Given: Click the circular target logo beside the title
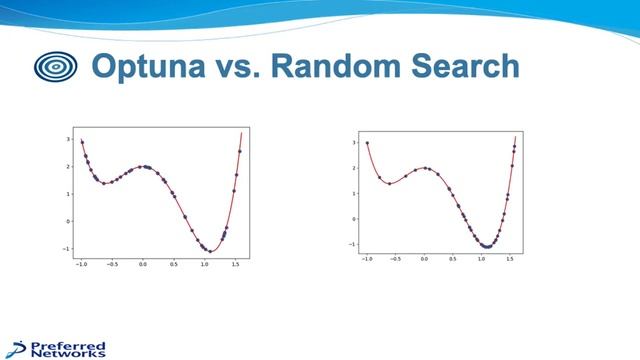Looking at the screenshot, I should point(55,67).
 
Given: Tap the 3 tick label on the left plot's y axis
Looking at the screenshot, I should point(68,140).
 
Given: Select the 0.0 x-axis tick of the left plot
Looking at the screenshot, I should point(143,265).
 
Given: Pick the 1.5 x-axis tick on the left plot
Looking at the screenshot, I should point(236,265).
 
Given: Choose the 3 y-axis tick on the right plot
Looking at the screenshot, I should point(353,142).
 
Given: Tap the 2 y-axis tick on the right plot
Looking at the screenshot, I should point(353,168).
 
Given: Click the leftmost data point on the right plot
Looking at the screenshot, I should point(367,143).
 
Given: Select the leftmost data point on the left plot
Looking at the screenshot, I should point(82,142).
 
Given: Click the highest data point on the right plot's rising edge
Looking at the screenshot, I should point(514,146).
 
